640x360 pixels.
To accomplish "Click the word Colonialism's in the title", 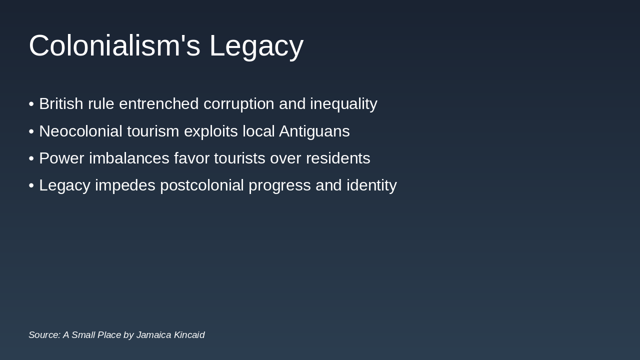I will (114, 45).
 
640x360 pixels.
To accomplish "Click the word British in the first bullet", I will (61, 104).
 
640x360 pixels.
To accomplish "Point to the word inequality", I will (343, 104).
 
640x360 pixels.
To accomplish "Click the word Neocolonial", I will (80, 131).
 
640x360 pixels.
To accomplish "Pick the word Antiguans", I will (314, 131).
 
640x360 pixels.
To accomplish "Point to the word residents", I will (337, 158).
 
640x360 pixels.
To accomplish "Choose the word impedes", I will (125, 185).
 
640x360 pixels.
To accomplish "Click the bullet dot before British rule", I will (31, 104).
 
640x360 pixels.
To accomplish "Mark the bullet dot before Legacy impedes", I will (31, 185).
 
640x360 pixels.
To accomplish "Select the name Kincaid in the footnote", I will (189, 335).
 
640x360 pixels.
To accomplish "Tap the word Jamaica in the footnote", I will (153, 335).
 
